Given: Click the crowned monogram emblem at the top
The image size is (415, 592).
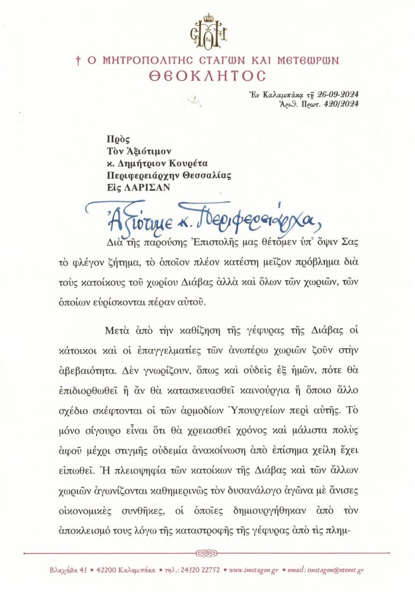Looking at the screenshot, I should pyautogui.click(x=207, y=31).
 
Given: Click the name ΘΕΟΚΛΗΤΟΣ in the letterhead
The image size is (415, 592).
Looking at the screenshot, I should pyautogui.click(x=207, y=76).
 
